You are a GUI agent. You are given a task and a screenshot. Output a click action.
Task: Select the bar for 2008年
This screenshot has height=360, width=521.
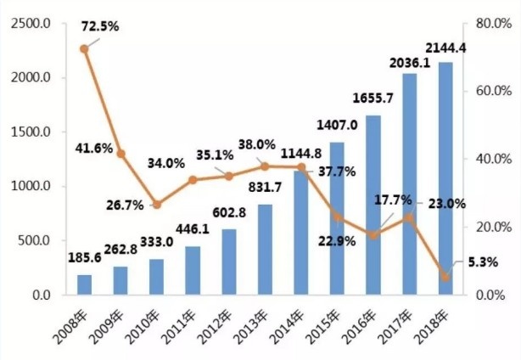84,284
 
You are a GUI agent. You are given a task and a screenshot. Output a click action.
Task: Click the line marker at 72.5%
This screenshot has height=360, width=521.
84,48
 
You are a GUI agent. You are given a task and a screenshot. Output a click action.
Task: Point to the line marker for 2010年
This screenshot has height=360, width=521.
156,205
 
